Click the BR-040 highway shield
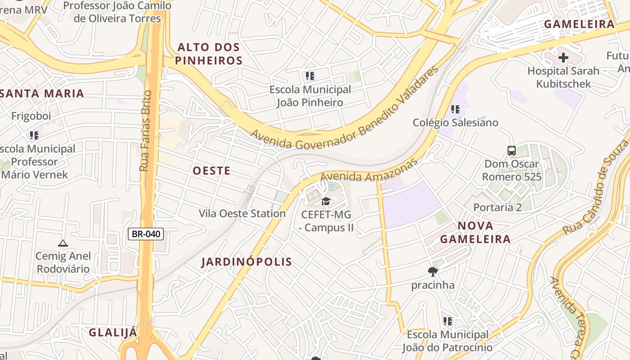146,234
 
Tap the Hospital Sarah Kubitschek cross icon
563,58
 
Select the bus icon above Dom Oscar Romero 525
512,151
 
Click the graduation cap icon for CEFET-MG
326,201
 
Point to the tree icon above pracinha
433,271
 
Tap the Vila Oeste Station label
242,213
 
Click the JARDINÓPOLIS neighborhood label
247,262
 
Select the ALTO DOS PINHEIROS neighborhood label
209,54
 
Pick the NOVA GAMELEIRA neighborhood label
475,232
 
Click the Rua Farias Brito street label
145,130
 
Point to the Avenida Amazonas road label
369,170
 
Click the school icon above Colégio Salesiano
455,109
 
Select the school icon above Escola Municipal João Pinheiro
310,76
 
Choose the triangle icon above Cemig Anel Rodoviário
63,243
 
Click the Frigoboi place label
31,116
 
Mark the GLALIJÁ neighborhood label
112,333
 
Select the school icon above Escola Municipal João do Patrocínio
447,321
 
